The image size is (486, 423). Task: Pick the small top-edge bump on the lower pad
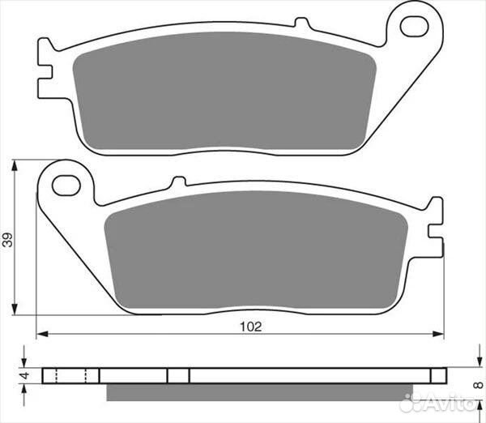pos(178,183)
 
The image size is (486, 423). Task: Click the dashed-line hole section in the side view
pos(70,376)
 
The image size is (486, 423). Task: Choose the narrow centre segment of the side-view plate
pos(178,376)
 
